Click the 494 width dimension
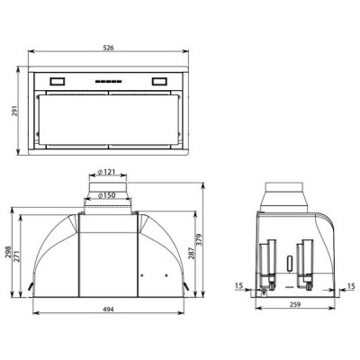click(108, 310)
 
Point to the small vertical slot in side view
click(287, 263)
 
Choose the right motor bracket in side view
click(304, 261)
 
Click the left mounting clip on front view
click(32, 289)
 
